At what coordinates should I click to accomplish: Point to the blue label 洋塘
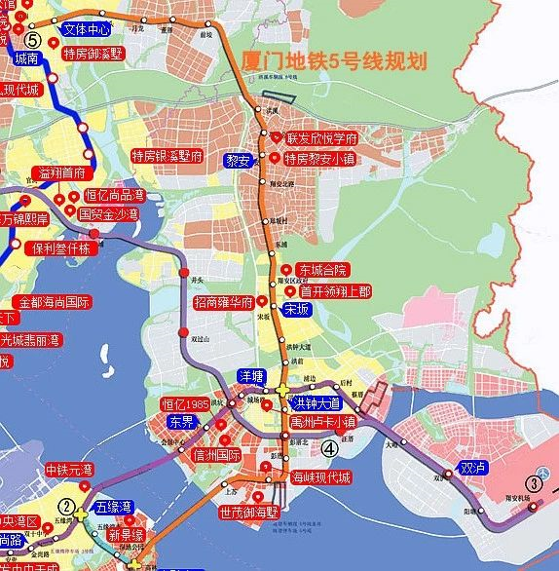click(x=252, y=375)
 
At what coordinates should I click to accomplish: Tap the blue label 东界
click(x=182, y=423)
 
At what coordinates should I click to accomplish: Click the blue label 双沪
click(x=473, y=467)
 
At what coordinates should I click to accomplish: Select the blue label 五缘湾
click(x=116, y=507)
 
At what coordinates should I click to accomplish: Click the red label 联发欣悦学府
click(x=322, y=138)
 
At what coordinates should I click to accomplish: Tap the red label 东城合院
click(x=322, y=270)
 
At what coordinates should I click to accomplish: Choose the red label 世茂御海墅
click(x=248, y=512)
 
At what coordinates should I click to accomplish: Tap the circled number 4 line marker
click(x=330, y=448)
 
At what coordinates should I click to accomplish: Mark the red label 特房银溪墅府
click(x=168, y=156)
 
